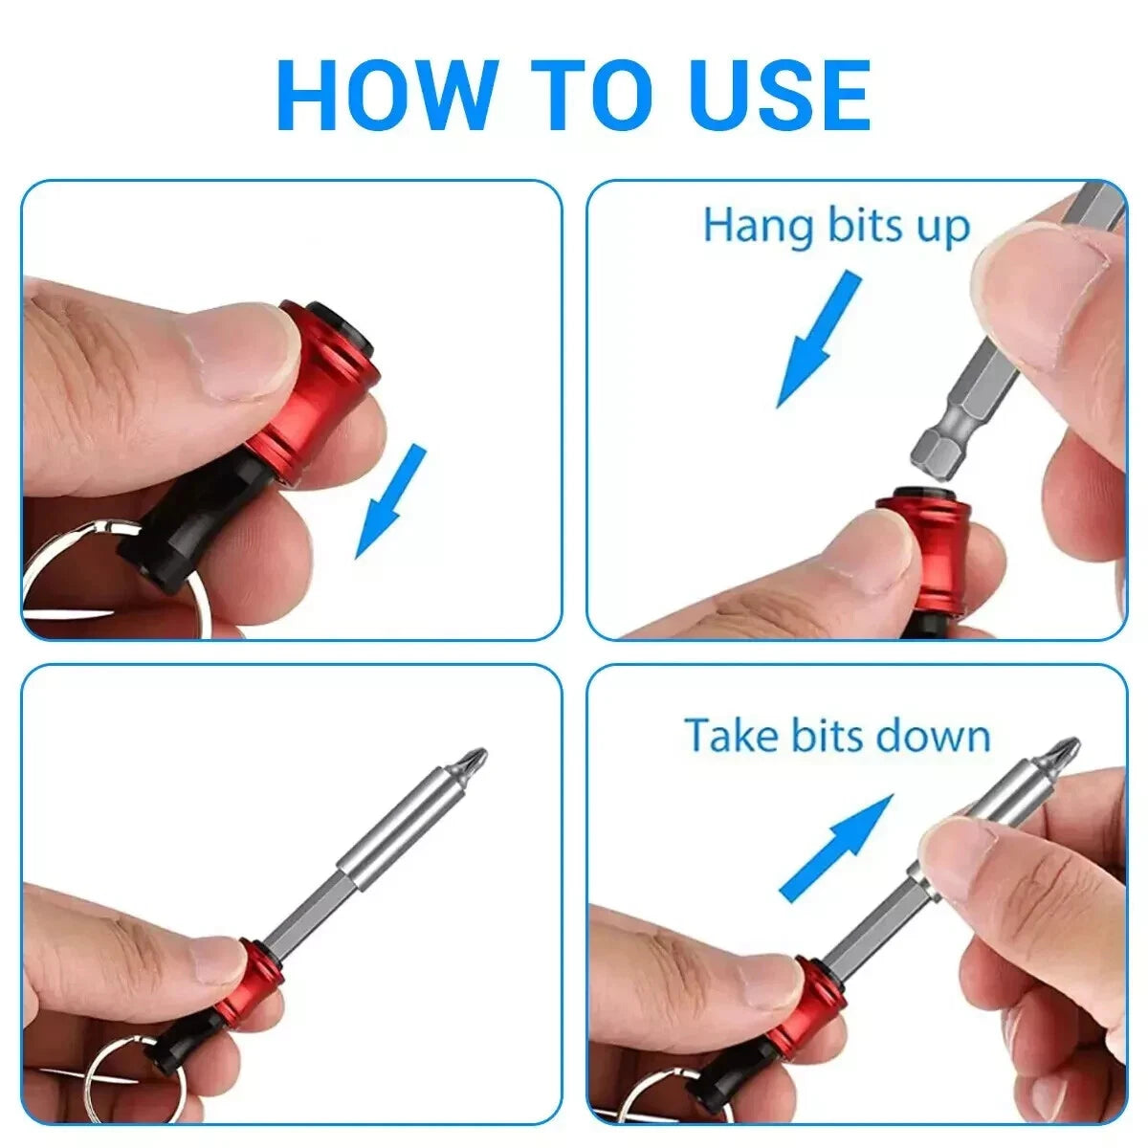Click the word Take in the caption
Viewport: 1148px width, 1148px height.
point(731,736)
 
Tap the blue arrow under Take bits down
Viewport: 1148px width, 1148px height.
point(835,848)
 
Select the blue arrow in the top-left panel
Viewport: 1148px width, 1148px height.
point(391,499)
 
